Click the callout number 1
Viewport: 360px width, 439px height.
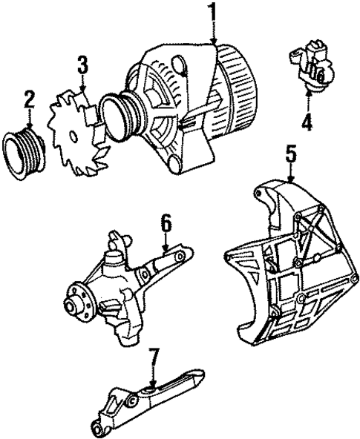point(213,13)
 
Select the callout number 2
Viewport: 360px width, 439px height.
point(29,98)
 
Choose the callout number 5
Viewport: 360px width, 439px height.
point(292,156)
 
